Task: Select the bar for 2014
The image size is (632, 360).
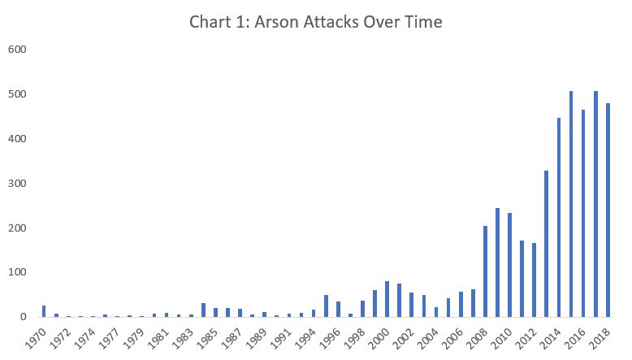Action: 559,217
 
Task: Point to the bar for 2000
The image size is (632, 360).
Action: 387,299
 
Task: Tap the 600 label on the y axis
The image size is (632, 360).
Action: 18,50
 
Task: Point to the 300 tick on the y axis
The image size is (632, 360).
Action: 18,183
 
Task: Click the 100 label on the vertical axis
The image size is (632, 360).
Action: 18,272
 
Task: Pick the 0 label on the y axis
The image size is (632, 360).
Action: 24,317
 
